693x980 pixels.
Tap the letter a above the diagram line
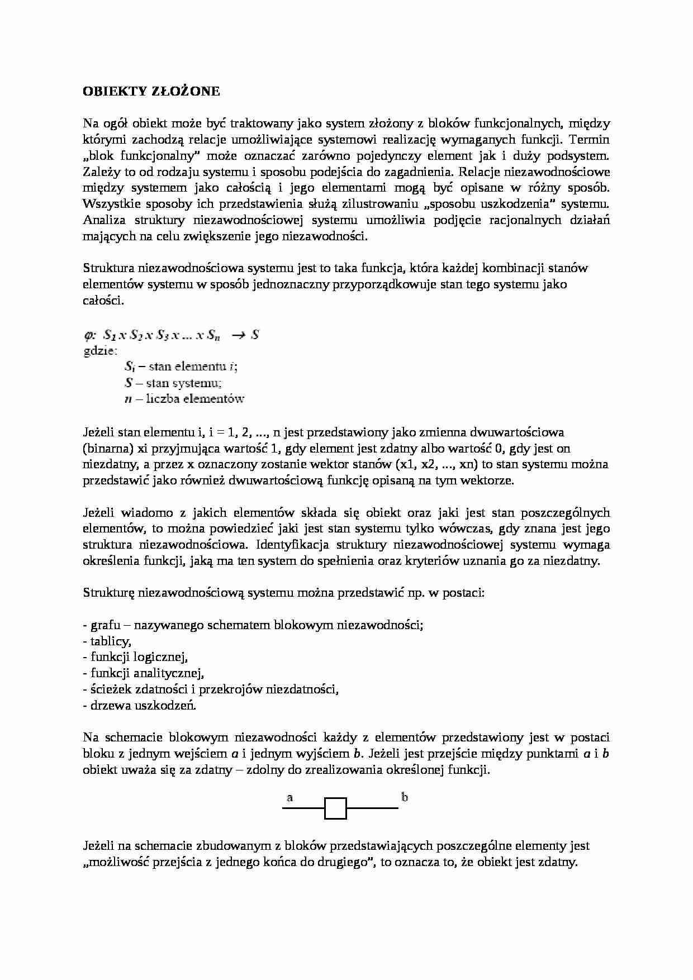pos(290,797)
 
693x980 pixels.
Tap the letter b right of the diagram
pos(405,797)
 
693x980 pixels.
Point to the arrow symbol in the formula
pos(239,335)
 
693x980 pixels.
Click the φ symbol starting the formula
pos(90,335)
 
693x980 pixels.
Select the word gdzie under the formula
pos(99,351)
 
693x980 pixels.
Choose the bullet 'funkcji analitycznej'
pos(143,673)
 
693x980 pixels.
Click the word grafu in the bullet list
pos(105,625)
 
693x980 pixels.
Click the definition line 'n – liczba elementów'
pos(184,399)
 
